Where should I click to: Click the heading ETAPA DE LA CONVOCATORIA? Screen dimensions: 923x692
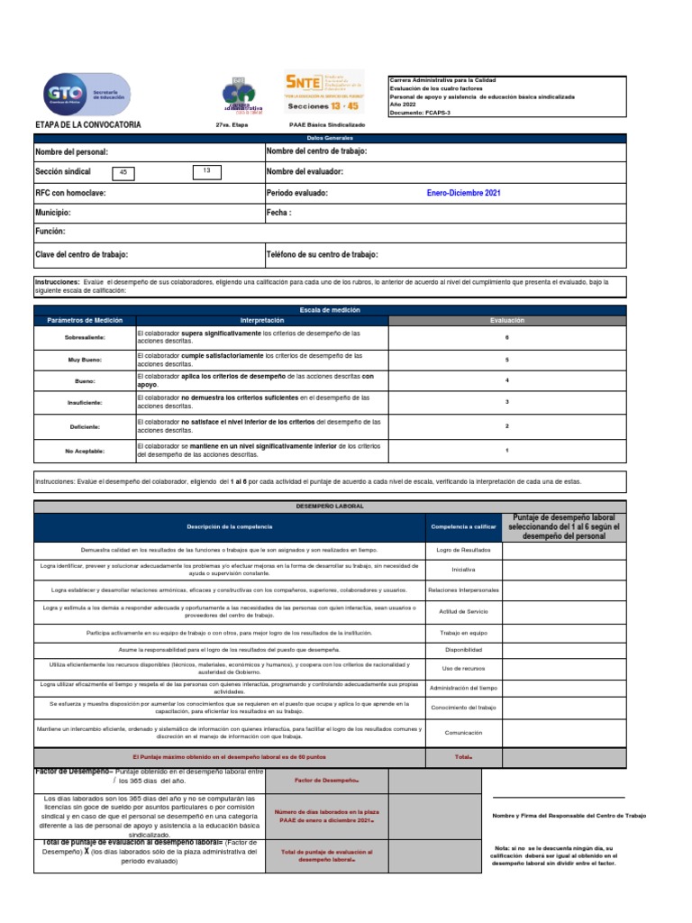tap(87, 124)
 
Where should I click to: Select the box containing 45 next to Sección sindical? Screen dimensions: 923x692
tap(123, 172)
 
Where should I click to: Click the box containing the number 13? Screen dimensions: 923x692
tap(205, 169)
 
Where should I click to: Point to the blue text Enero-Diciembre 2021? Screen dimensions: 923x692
tap(463, 193)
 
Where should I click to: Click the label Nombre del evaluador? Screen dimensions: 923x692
tap(305, 172)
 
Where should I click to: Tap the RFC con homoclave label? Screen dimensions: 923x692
tap(70, 193)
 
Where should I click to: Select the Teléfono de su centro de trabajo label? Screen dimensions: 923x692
tap(322, 255)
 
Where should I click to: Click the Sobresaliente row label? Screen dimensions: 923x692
tap(85, 337)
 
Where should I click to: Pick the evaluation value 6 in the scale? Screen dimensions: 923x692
tap(506, 337)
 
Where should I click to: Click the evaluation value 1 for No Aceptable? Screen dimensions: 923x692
tap(506, 449)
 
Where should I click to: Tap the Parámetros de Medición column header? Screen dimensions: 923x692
tap(85, 320)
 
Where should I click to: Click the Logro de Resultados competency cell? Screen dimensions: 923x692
tap(463, 549)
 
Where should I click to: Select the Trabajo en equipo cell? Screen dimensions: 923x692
tap(463, 633)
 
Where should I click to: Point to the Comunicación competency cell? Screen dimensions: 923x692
tap(463, 733)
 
